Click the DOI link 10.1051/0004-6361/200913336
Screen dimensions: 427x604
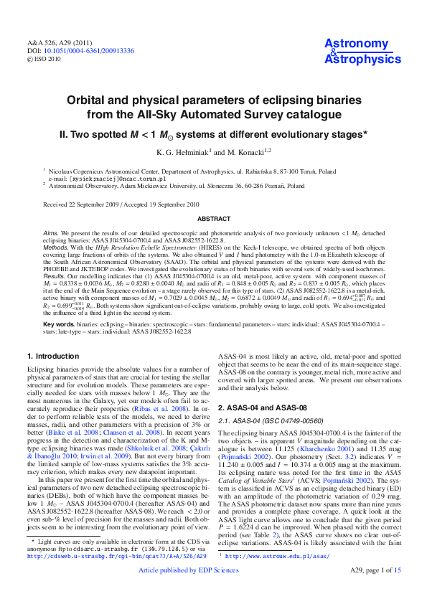(88, 52)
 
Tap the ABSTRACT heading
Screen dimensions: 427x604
(213, 218)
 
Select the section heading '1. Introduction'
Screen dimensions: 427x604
(54, 356)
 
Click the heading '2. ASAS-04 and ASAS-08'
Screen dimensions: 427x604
(263, 407)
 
